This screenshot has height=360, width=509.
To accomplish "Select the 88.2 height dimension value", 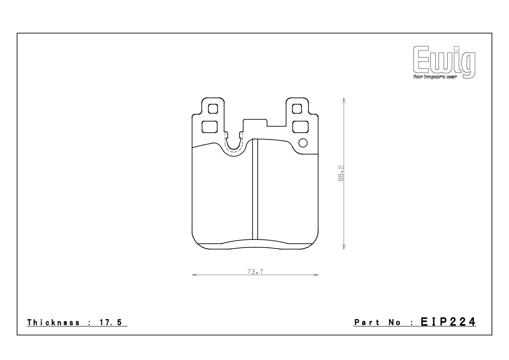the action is (x=341, y=173).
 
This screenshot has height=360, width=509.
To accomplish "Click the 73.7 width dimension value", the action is (x=255, y=272).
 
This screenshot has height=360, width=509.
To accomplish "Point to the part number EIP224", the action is (x=448, y=322).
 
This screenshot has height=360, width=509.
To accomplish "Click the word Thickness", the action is (x=53, y=322).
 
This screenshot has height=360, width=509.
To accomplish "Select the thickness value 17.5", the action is (x=111, y=322).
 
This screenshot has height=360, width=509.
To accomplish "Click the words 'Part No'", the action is (x=378, y=322).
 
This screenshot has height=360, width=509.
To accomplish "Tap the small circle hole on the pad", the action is (x=303, y=143).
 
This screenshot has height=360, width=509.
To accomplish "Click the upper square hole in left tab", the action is (x=213, y=109).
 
